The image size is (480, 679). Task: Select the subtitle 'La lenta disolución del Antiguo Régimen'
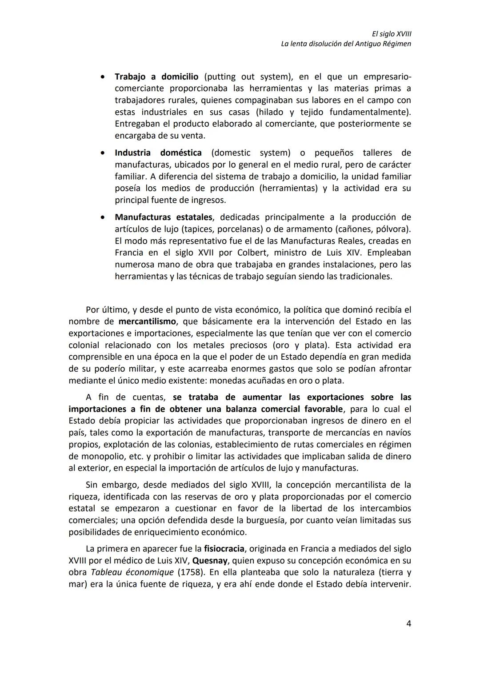coord(346,44)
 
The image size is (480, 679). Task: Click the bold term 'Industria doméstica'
coord(158,153)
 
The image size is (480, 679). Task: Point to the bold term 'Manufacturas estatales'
coord(164,217)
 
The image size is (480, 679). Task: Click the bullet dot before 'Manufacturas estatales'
coord(103,217)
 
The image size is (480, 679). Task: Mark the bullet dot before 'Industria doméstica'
coord(103,153)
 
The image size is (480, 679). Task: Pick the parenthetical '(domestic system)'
coord(251,153)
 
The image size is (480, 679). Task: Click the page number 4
coord(408,623)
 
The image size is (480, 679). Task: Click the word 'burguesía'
coord(273,520)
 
